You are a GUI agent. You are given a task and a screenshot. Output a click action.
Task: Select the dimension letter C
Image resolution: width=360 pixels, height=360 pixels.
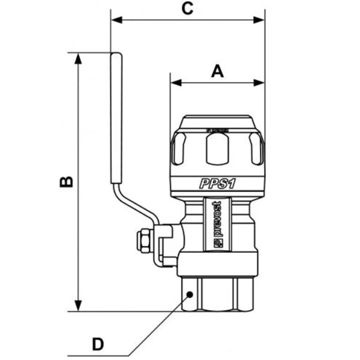[x=187, y=8]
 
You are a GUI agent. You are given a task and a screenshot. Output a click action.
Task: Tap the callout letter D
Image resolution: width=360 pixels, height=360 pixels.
[x=97, y=344]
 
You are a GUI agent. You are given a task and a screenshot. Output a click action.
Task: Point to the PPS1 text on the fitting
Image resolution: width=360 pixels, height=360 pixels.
[x=217, y=184]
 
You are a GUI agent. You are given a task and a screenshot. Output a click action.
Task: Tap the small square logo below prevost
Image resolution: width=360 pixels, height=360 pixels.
[x=217, y=243]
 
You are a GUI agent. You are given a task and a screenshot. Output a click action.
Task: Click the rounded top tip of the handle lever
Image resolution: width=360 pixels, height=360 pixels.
[x=116, y=56]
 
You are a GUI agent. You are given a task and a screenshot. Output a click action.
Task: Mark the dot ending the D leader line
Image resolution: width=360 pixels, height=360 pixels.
[x=190, y=295]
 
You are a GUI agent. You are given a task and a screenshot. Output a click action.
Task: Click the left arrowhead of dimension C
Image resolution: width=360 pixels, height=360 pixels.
[x=116, y=20]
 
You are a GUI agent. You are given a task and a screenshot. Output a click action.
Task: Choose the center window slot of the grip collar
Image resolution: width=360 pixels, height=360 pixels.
[x=217, y=148]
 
